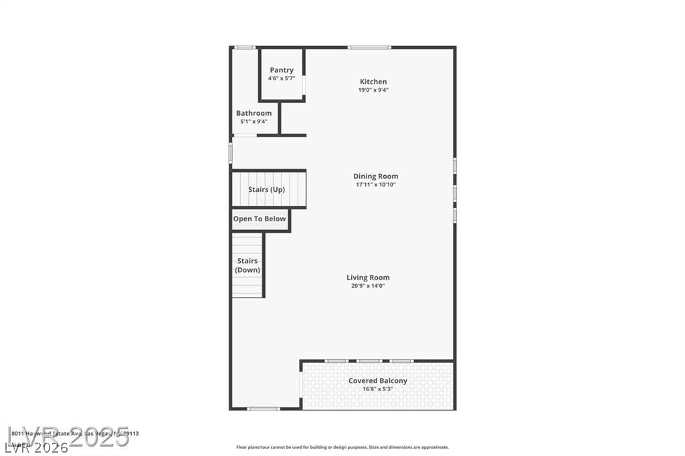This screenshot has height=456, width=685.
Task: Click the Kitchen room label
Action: coord(373,82)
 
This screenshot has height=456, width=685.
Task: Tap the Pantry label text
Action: coord(282,70)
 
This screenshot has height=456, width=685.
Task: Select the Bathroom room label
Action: coord(254,113)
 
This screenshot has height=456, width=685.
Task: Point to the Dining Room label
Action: coord(375,177)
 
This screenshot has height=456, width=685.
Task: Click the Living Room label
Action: coord(368,277)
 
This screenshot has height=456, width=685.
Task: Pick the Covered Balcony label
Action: coord(377,380)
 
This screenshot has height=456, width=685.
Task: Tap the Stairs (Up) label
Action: coord(266,189)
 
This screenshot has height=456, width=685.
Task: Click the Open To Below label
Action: coord(259,219)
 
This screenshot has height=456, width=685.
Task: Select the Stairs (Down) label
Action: coord(248,265)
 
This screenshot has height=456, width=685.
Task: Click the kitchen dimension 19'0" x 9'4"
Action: coord(373,90)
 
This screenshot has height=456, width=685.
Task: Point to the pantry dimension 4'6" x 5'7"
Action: coord(282,78)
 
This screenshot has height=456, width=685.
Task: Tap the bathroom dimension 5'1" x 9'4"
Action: coord(254,121)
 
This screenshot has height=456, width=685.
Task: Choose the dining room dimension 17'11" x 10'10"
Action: coord(375,185)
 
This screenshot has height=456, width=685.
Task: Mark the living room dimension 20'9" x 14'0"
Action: coord(368,286)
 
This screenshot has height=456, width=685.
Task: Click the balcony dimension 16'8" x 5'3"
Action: coord(377,388)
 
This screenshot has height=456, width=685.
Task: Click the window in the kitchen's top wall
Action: coord(369,47)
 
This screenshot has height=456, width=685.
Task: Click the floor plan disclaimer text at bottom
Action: coord(342,447)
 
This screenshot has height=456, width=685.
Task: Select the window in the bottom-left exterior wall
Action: coord(264,409)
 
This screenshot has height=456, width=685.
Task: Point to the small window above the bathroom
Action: coord(245,47)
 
